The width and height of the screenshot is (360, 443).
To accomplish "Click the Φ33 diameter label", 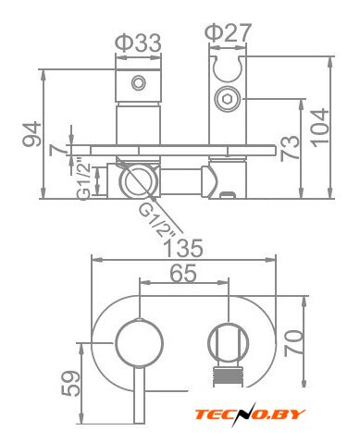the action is tap(138, 43).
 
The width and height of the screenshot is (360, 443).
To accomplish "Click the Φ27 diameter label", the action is tap(229, 32).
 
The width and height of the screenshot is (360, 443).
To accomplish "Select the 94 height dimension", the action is tap(32, 134).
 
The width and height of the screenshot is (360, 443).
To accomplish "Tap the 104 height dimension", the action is tap(320, 128).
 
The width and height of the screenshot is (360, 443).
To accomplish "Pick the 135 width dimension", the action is tap(183, 249).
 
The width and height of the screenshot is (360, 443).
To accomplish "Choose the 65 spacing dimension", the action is tap(183, 273).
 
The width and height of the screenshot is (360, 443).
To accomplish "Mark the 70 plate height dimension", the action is tap(293, 343).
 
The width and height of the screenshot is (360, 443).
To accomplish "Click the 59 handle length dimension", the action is tap(71, 383).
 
